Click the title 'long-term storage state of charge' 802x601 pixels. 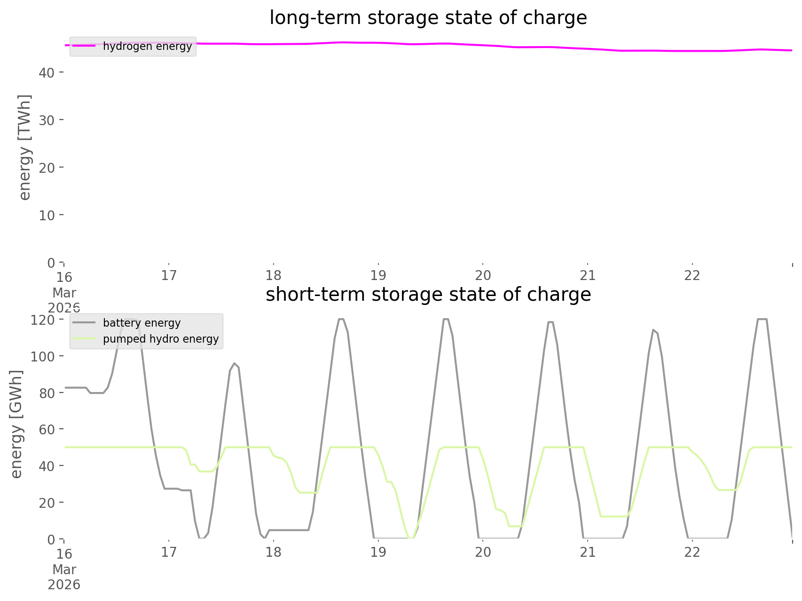[428, 18]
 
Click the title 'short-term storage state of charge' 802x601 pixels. [428, 295]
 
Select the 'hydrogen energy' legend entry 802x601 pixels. [147, 46]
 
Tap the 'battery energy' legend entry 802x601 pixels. [142, 323]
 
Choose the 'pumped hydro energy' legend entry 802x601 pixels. [160, 339]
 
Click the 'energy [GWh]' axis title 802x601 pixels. [16, 425]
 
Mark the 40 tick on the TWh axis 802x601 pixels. [47, 72]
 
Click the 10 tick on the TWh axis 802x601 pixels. [47, 215]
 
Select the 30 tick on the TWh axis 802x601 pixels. [47, 120]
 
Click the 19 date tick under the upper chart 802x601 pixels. [378, 275]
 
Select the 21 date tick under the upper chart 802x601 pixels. [588, 275]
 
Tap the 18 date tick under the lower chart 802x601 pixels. [273, 552]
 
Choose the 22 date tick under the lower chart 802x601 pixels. [692, 552]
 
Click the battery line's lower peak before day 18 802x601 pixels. [234, 363]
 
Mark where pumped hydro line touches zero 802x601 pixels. [411, 538]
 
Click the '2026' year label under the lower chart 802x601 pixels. [64, 585]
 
